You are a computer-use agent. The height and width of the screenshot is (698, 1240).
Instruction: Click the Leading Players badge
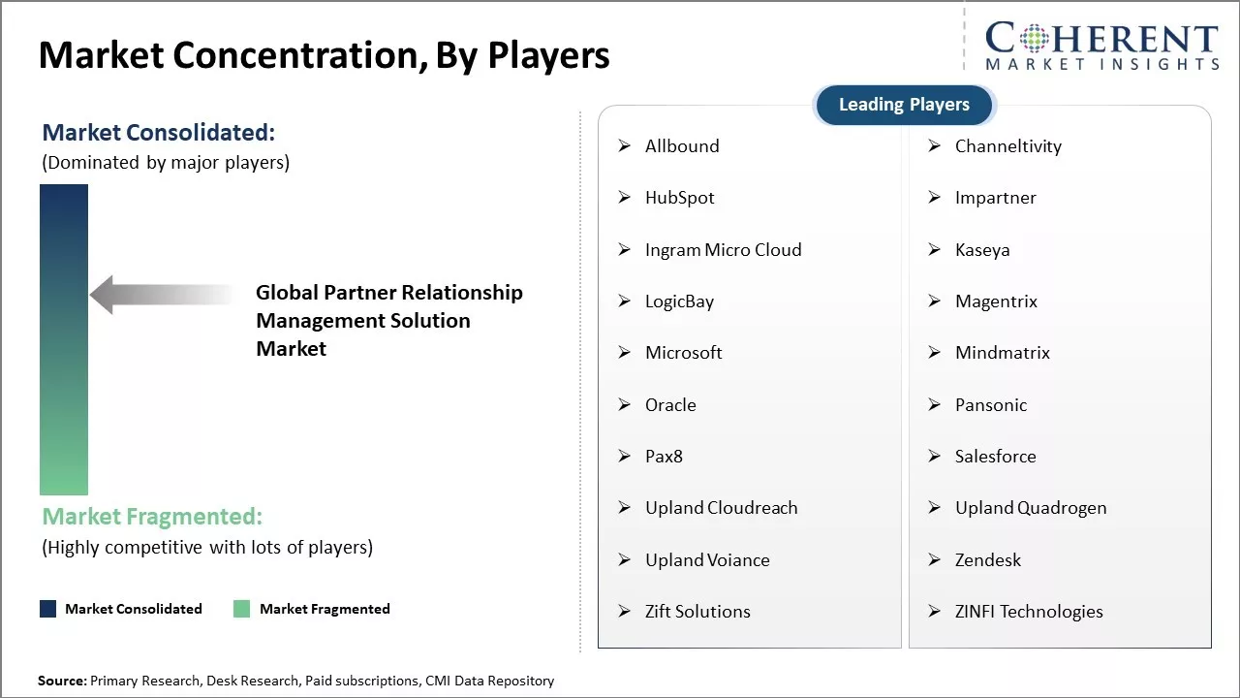tap(904, 105)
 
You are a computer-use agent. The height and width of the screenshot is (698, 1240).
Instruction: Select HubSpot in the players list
tap(679, 198)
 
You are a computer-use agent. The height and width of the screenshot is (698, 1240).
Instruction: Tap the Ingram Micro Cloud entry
tap(723, 250)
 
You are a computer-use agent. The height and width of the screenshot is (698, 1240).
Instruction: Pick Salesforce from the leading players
tap(995, 457)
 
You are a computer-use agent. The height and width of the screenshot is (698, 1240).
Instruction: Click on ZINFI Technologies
tap(1029, 612)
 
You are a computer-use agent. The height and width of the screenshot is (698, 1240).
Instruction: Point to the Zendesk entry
tap(987, 560)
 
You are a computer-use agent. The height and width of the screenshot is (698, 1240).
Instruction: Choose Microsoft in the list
tap(683, 353)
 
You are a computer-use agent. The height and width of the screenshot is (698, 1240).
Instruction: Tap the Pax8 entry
tap(664, 457)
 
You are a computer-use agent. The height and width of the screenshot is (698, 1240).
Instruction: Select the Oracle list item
tap(670, 405)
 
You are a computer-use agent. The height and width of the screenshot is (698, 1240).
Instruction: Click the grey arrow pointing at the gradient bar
tap(162, 294)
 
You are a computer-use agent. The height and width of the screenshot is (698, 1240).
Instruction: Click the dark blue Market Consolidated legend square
tap(47, 609)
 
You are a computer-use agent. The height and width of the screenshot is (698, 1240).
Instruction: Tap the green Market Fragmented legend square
tap(241, 609)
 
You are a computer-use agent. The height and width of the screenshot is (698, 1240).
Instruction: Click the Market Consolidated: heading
tap(158, 133)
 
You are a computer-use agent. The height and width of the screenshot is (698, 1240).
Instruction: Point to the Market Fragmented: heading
tap(152, 517)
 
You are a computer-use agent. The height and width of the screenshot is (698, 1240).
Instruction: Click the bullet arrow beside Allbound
tap(625, 145)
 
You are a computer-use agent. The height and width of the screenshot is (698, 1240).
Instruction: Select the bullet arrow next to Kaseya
tap(935, 249)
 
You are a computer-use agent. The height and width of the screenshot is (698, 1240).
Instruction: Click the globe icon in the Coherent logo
tap(1034, 38)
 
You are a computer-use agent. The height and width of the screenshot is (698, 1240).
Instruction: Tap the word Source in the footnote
tap(62, 681)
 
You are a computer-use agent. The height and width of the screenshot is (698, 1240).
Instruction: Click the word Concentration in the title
tap(299, 55)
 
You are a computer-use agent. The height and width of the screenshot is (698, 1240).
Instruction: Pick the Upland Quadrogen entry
tap(1031, 508)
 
